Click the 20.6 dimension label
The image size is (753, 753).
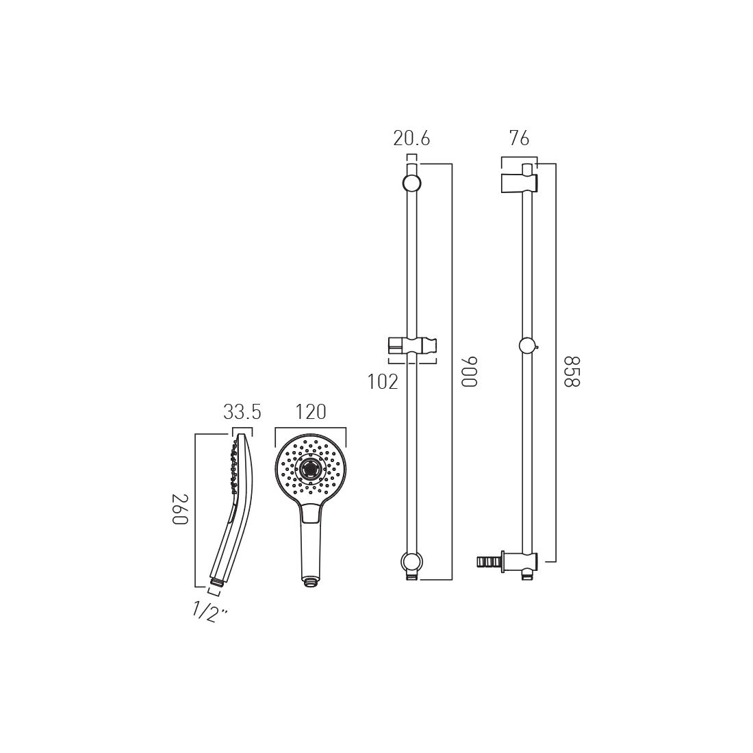click(x=411, y=138)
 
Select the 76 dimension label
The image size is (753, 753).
click(x=519, y=138)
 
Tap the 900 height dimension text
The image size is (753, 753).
click(x=468, y=372)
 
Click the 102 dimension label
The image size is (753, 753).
click(x=383, y=382)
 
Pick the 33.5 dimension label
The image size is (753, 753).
click(x=242, y=412)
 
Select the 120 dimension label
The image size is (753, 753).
click(x=310, y=412)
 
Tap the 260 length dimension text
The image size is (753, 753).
click(x=179, y=509)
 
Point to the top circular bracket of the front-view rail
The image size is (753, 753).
click(x=411, y=183)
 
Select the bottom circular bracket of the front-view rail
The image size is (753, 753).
click(x=411, y=562)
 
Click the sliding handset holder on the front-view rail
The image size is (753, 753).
click(x=411, y=346)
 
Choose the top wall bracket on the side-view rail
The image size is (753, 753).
click(x=519, y=182)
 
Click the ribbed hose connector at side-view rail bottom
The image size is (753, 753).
click(x=487, y=562)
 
